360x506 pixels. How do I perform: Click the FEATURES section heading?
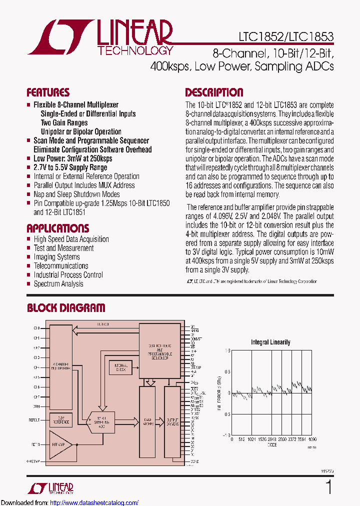tap(48, 92)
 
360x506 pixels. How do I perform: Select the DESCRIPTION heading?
tap(214, 92)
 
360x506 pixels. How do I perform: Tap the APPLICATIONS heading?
tap(57, 228)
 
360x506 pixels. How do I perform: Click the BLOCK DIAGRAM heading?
tap(66, 308)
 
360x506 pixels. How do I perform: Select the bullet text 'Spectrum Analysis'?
tap(58, 284)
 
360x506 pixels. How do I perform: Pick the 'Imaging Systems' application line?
tap(56, 257)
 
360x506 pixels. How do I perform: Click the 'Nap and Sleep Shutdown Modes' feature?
tap(76, 194)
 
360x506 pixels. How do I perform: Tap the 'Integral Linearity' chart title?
tap(270, 342)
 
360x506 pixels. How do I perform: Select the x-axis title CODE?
tap(272, 444)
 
